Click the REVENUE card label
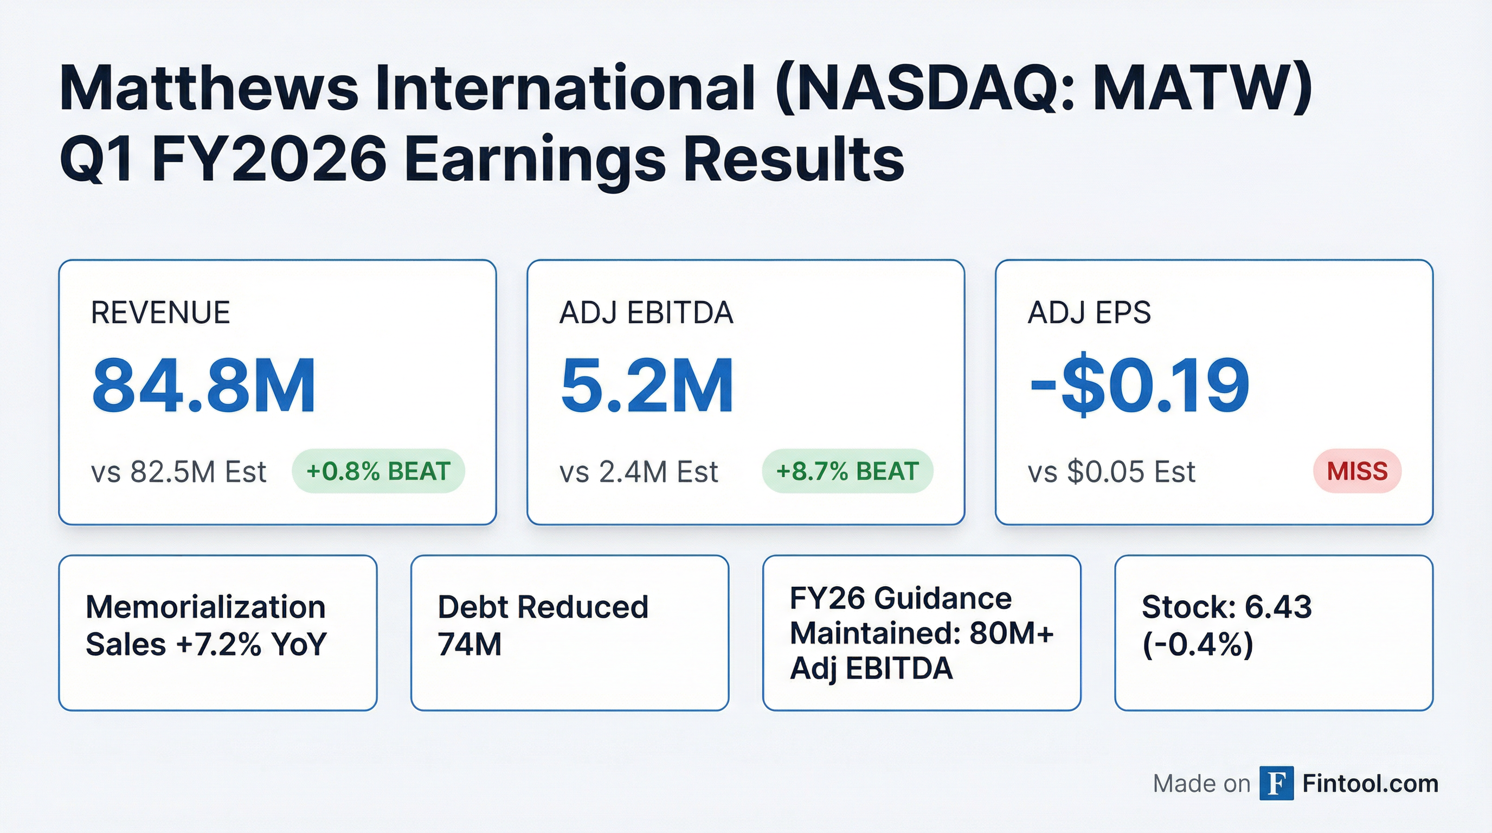160,313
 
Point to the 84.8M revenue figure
204,386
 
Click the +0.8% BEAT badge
378,471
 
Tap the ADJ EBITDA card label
646,313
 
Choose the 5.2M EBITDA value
647,386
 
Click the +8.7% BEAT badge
847,471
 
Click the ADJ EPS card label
1089,313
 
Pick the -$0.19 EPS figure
1139,386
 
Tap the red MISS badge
1357,471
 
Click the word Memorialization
205,607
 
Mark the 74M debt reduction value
470,644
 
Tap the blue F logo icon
1277,784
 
